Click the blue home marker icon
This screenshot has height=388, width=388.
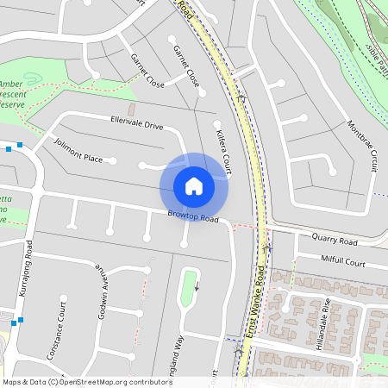[194, 185]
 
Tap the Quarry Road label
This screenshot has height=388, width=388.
[336, 241]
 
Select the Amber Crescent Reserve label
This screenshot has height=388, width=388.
[12, 91]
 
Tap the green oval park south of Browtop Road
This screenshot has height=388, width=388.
[186, 289]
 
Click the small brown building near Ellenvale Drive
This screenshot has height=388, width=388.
[131, 110]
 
